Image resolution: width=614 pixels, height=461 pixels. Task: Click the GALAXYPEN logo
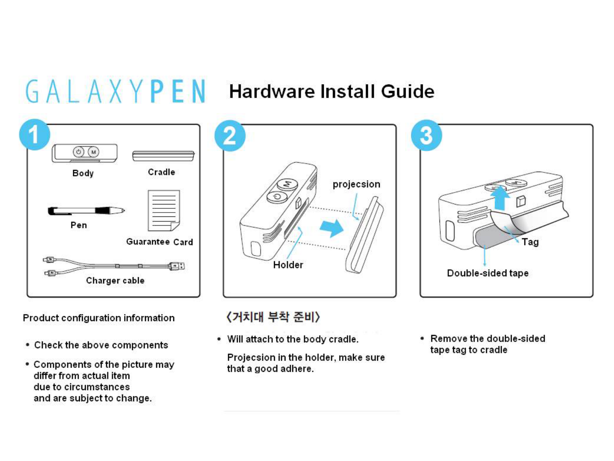tap(115, 90)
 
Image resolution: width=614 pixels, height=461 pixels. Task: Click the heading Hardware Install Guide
tap(332, 91)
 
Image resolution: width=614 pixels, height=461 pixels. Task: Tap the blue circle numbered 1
tap(35, 134)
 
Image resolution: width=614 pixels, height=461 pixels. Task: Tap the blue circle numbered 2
tap(230, 136)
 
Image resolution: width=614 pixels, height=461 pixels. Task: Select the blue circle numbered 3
tap(426, 135)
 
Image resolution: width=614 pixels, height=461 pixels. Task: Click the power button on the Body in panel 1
tap(79, 152)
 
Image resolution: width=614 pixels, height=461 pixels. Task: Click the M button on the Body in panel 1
tap(93, 152)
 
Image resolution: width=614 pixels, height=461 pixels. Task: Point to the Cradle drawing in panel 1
tap(163, 156)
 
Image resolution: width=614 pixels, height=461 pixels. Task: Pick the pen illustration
tap(86, 210)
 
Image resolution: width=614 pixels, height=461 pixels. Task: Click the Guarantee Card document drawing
tap(164, 210)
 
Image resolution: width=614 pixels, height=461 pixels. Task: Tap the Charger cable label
tap(115, 280)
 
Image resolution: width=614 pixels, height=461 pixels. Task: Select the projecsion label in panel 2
tap(356, 184)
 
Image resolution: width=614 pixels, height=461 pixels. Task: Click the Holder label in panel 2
tap(288, 265)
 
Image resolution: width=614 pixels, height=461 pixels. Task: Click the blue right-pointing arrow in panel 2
tap(332, 228)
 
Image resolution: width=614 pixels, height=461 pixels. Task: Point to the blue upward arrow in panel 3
tap(500, 198)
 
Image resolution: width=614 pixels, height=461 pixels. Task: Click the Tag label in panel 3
tap(530, 242)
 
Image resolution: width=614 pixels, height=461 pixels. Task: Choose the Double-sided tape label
tap(488, 273)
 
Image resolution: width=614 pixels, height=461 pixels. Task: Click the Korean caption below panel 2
tap(273, 317)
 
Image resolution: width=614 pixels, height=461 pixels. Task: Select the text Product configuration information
tap(99, 318)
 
